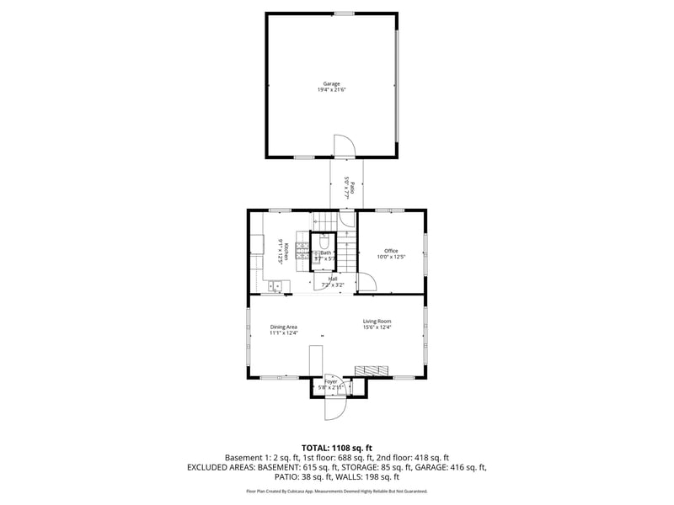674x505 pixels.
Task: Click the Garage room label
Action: point(332,83)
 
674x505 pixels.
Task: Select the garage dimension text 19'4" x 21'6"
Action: point(332,89)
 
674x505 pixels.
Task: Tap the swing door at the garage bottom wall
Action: point(345,146)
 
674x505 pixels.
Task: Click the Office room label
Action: point(391,251)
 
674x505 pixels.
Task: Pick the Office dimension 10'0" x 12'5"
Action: point(391,257)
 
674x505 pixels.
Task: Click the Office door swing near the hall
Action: point(366,283)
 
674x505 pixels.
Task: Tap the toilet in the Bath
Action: point(324,241)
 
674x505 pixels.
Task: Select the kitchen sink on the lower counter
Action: point(275,287)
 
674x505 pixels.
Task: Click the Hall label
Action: point(333,279)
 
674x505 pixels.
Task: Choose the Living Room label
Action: point(377,322)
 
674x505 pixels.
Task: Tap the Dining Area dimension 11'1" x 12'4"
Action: point(284,333)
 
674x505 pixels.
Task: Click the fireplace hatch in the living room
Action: point(372,369)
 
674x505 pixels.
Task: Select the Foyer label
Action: point(331,381)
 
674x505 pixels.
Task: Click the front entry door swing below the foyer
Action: point(335,407)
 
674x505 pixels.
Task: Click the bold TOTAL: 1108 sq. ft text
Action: point(337,447)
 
